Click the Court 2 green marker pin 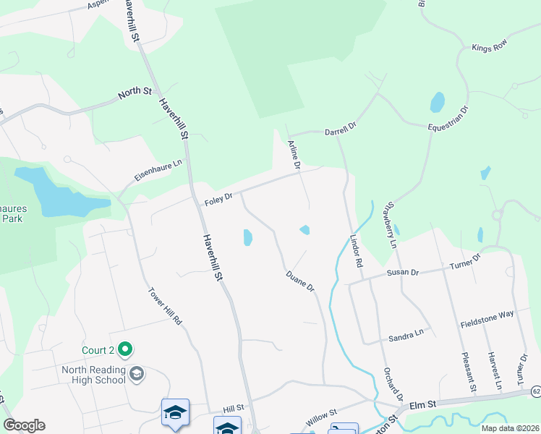point(125,350)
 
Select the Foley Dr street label point(218,197)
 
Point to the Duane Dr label point(300,281)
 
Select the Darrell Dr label point(340,129)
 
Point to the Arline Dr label point(294,155)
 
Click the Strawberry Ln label point(393,224)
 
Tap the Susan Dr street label point(403,272)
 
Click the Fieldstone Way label point(487,319)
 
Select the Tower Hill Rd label point(165,307)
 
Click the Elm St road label point(425,407)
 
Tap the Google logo point(24,425)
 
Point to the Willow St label point(321,417)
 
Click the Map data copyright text point(509,428)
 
